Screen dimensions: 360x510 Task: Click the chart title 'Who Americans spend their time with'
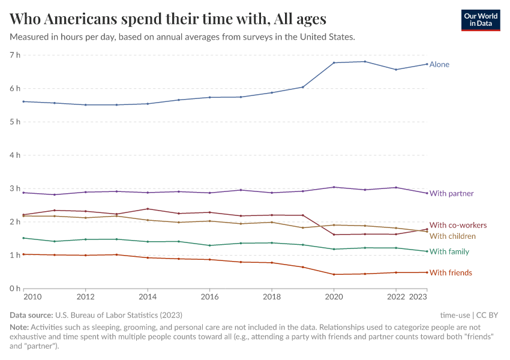[168, 19]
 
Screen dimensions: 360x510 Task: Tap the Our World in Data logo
[481, 19]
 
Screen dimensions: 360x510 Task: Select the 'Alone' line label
[439, 64]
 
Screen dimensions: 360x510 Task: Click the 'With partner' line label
[451, 194]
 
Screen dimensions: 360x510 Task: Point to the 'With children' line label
[452, 236]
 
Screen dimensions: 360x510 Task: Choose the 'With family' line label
[449, 251]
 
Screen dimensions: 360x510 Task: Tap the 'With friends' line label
[451, 273]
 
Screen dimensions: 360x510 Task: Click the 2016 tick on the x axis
[209, 297]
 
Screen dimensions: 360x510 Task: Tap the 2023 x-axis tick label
[418, 297]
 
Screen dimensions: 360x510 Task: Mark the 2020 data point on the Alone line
[334, 62]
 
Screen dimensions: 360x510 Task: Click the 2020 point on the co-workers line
[334, 235]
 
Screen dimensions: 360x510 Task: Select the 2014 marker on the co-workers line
[148, 209]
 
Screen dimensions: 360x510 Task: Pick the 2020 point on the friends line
[334, 274]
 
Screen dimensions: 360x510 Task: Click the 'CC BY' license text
[487, 315]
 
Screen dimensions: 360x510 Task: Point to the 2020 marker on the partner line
[334, 187]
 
